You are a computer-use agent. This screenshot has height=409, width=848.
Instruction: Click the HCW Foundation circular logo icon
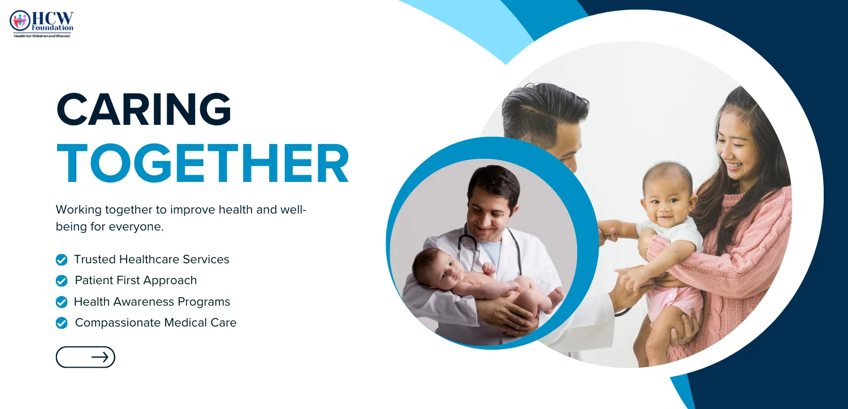20,20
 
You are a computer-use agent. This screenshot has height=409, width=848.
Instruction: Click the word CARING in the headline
144,109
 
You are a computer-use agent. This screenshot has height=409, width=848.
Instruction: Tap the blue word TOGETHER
202,163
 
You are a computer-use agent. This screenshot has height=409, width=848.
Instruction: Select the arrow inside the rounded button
100,357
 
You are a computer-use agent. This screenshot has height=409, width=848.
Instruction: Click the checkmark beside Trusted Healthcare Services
62,260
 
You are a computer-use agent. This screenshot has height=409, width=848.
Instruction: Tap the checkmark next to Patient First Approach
62,281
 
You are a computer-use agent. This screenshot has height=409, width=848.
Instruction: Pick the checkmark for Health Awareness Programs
62,302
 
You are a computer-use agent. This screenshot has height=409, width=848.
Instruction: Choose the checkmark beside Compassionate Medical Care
62,323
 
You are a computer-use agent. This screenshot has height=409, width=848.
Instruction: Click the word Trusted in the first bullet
94,259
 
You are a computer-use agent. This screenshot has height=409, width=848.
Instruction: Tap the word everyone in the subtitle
136,227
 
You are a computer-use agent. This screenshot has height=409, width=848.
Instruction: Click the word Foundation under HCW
53,28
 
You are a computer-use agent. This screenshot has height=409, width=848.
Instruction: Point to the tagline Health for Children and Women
42,36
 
